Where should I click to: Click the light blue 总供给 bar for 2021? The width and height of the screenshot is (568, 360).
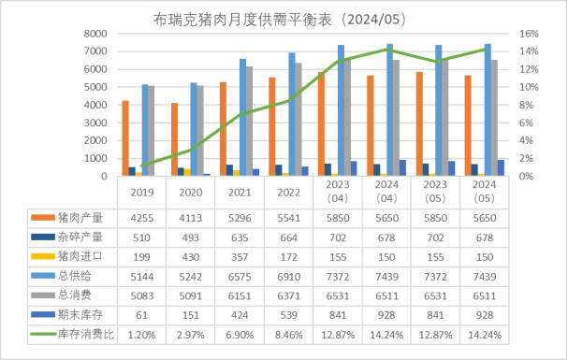coord(243,117)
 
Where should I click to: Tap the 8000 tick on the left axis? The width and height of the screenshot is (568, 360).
coord(94,34)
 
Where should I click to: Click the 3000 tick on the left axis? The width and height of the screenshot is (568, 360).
coord(94,122)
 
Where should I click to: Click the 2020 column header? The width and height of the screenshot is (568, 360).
coord(190,194)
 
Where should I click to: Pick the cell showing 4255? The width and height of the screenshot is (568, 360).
coord(141,217)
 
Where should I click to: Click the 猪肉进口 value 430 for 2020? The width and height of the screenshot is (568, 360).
coord(190,256)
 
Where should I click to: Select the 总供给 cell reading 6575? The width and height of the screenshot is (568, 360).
coord(240,276)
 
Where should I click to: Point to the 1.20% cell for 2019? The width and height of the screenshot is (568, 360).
coord(141,334)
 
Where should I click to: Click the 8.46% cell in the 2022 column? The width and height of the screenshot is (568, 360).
coord(288,334)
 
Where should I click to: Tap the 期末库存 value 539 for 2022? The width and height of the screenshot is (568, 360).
coord(288,314)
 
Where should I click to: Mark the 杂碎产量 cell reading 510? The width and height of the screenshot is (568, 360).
coord(141,237)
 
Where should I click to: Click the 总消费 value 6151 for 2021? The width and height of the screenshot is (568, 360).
coord(240,295)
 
